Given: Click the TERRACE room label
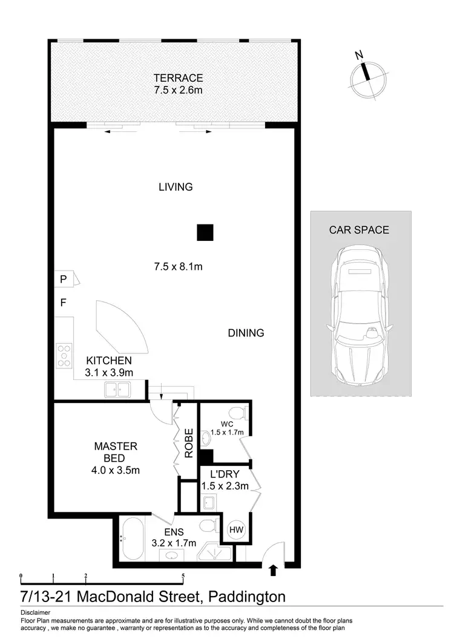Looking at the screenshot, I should [x=177, y=78].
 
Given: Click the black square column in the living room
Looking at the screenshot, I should [x=205, y=232].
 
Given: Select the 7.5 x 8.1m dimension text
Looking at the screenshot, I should [x=177, y=266].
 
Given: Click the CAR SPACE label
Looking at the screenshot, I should [x=359, y=230].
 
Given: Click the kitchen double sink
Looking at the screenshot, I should [x=117, y=389].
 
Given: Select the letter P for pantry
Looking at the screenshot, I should [x=62, y=279].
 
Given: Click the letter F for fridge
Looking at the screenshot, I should [x=62, y=303].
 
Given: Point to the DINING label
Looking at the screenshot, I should [x=246, y=333].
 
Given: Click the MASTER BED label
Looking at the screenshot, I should [x=116, y=452].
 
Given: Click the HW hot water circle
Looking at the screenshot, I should [x=235, y=530].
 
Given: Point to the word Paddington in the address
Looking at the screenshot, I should [x=246, y=597].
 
